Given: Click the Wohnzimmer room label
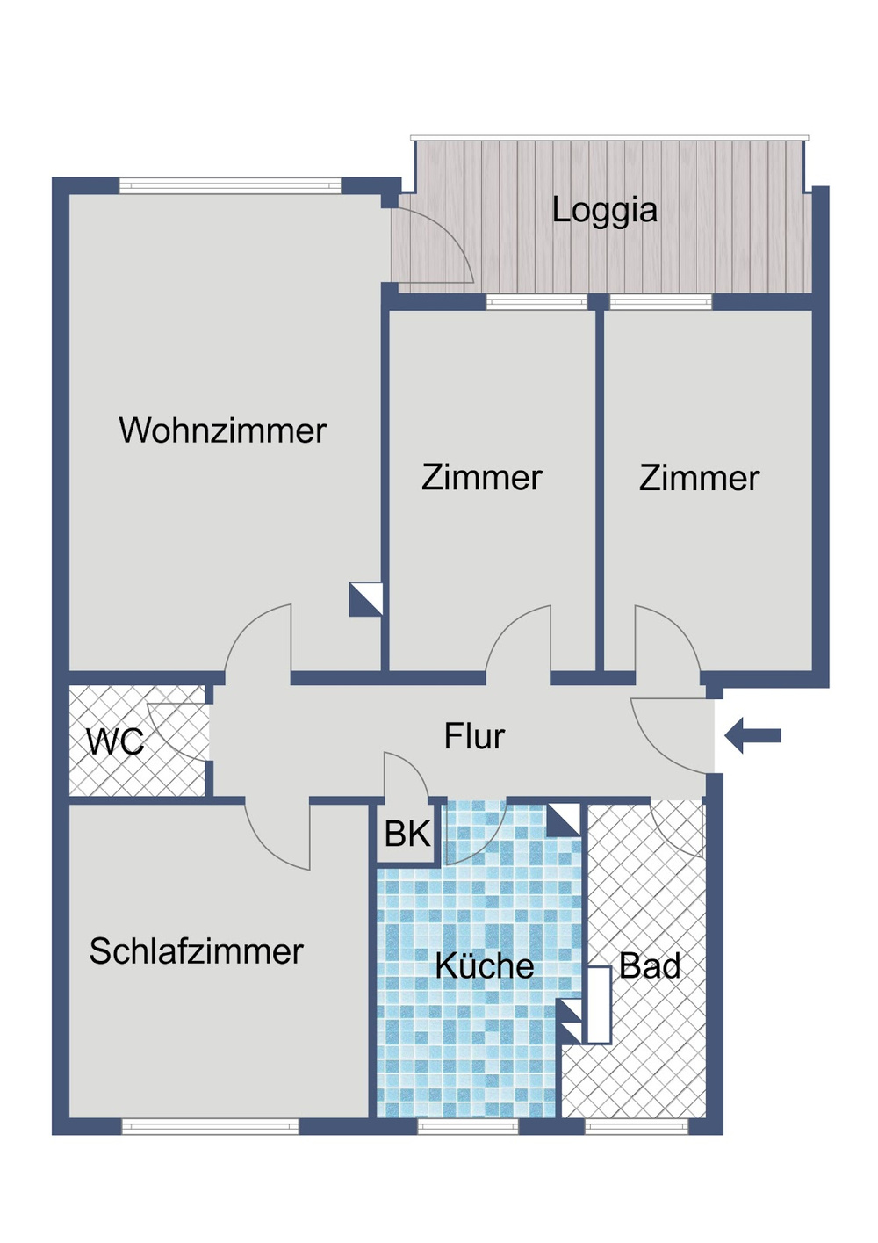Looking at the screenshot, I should [222, 430].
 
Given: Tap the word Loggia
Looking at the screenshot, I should [604, 211].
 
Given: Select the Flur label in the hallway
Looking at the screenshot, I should [474, 736].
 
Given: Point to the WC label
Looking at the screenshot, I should [114, 742].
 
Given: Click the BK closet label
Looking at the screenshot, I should [407, 834].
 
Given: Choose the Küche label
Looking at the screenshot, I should [484, 966].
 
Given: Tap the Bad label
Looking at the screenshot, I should [650, 966].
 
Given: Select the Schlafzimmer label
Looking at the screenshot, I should [196, 951].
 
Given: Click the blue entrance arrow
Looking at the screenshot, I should [753, 735].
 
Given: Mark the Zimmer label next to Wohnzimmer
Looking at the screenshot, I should [481, 478].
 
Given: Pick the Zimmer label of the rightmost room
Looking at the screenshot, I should [699, 478].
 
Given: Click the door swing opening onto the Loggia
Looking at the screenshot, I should [435, 246].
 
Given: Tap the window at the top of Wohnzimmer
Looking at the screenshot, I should [230, 185].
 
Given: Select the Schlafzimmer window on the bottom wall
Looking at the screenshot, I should [210, 1126].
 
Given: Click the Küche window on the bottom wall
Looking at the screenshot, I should [467, 1126].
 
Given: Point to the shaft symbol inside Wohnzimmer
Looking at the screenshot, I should [366, 599].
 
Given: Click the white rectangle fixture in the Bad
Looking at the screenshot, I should [599, 1005].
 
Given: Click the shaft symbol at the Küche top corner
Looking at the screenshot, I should [564, 820].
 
